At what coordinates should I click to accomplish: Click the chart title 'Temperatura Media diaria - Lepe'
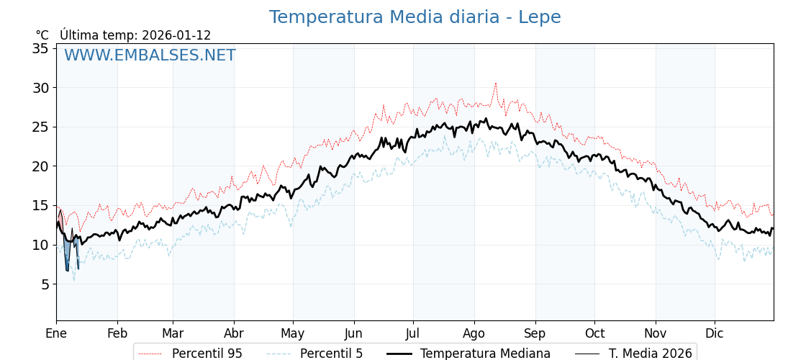pos(415,17)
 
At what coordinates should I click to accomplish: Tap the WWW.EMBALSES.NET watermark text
pos(150,55)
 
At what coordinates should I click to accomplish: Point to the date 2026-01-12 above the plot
pos(176,35)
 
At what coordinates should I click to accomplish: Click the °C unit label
pos(42,35)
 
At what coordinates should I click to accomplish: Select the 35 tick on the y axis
pos(40,48)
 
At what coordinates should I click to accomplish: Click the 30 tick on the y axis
pos(40,88)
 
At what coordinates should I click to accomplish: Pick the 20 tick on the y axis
pos(40,166)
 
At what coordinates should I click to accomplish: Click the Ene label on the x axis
pos(56,333)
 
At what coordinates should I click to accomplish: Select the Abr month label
pos(234,333)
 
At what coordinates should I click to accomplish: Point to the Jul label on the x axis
pos(413,333)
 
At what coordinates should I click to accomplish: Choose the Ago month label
pos(474,333)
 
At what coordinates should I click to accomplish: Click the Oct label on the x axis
pos(594,333)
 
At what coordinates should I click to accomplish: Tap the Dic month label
pos(715,333)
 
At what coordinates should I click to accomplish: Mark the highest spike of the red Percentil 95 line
pos(495,84)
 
